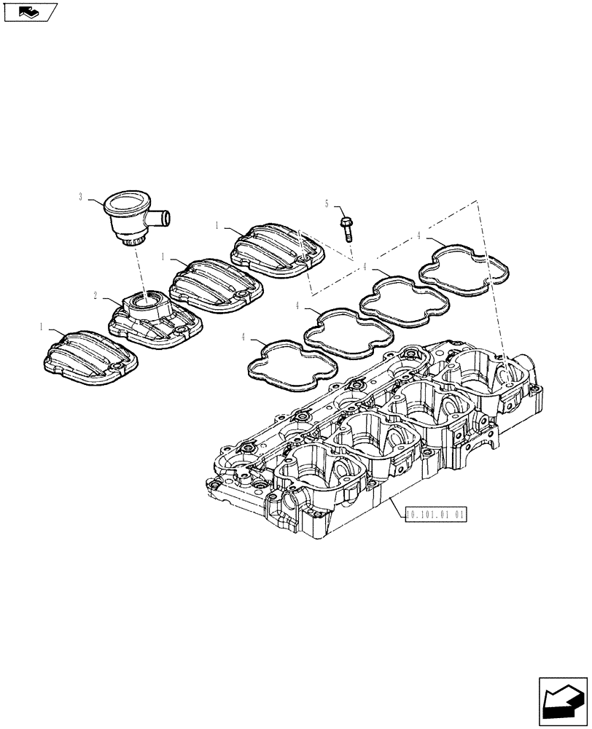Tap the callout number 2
[96, 296]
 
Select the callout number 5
[327, 203]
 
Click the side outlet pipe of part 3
[162, 217]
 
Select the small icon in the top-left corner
[30, 12]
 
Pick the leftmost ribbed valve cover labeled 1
[88, 356]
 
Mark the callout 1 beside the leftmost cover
[42, 329]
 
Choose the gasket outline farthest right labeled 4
[464, 270]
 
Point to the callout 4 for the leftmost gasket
[244, 337]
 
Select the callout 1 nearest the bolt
[217, 226]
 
